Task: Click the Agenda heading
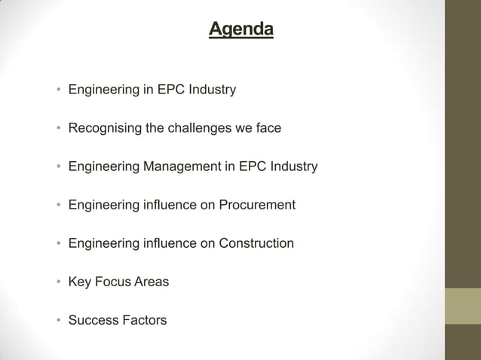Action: coord(240,29)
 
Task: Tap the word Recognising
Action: coord(105,128)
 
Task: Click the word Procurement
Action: coord(257,205)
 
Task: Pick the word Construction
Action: coord(256,243)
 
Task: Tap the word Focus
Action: coord(112,282)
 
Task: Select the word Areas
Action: coord(152,282)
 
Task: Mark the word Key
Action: coord(79,282)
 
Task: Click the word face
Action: coord(268,128)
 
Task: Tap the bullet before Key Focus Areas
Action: coord(57,282)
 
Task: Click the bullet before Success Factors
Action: coord(57,321)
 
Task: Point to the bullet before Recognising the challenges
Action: coord(57,129)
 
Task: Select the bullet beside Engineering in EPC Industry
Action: coord(57,90)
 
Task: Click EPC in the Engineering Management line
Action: coord(252,166)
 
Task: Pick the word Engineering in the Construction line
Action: coord(103,243)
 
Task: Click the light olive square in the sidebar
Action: coord(462,306)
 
